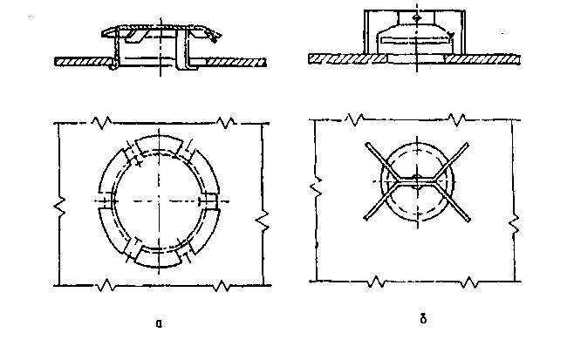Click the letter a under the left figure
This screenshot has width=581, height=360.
click(159, 323)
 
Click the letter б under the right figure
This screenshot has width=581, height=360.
click(423, 318)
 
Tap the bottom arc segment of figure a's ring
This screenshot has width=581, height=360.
click(158, 258)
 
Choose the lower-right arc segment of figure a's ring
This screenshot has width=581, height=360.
click(205, 231)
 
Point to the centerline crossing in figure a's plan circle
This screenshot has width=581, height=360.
click(160, 201)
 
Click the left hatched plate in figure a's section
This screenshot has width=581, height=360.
click(84, 62)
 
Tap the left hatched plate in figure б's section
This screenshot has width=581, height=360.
click(347, 58)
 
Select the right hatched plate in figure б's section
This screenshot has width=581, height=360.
click(482, 59)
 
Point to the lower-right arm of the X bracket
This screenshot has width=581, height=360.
click(453, 202)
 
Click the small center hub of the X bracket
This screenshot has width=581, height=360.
click(417, 181)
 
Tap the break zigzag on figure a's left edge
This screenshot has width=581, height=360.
click(60, 207)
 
